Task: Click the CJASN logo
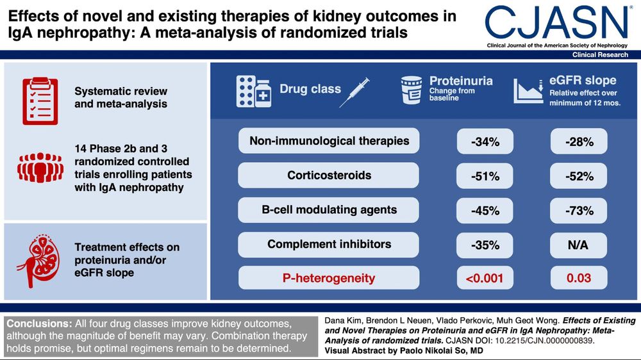pos(556,23)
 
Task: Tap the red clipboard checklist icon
pos(40,101)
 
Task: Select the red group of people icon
pos(40,168)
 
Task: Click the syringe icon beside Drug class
pos(354,92)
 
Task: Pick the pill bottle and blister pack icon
pos(254,92)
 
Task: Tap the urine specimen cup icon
pos(412,90)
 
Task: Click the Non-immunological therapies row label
pos(329,141)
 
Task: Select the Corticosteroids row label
pos(329,176)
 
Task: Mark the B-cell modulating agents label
pos(329,209)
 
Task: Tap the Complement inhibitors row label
pos(329,244)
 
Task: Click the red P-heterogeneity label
pos(329,278)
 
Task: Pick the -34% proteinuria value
pos(485,142)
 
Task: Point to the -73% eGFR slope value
pos(579,211)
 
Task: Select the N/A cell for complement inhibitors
pos(579,245)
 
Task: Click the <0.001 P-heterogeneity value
pos(485,278)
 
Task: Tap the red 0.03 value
pos(579,278)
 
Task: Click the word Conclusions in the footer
pos(39,323)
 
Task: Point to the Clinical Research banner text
pos(600,54)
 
